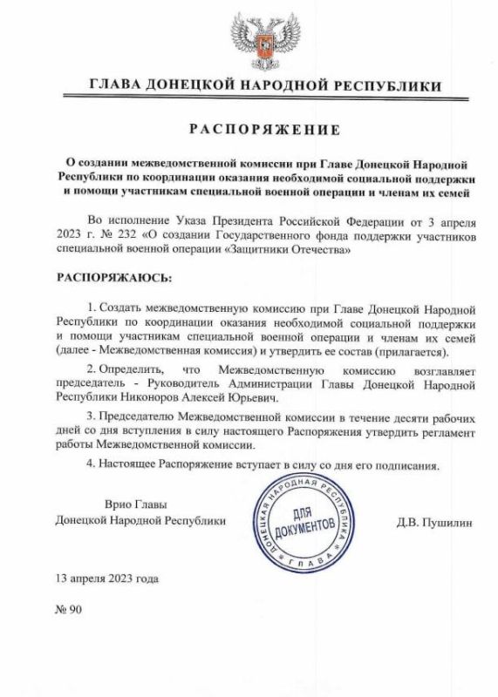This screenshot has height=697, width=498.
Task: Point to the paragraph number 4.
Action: click(x=92, y=464)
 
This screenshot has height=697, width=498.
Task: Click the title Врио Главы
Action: click(x=134, y=504)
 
